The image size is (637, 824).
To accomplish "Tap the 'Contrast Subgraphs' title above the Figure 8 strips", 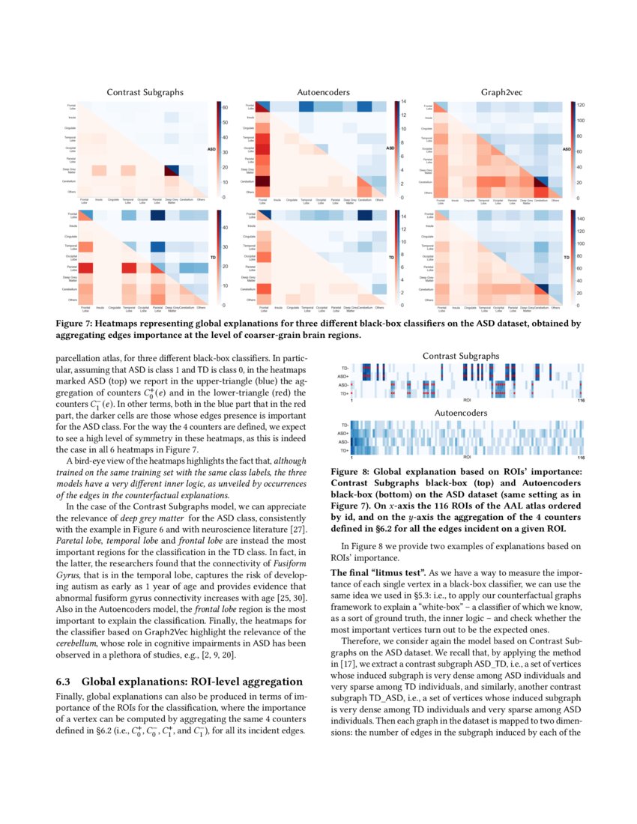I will [466, 355].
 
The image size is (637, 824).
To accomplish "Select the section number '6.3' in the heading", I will [66, 682].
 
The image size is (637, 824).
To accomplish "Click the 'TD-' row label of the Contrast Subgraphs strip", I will [344, 369].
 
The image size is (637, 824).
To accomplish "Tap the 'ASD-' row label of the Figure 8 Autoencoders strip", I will [343, 442].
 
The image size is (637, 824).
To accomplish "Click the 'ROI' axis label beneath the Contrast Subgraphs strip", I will [466, 401].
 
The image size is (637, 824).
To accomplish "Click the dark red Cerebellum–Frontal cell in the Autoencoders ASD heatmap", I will [263, 182].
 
